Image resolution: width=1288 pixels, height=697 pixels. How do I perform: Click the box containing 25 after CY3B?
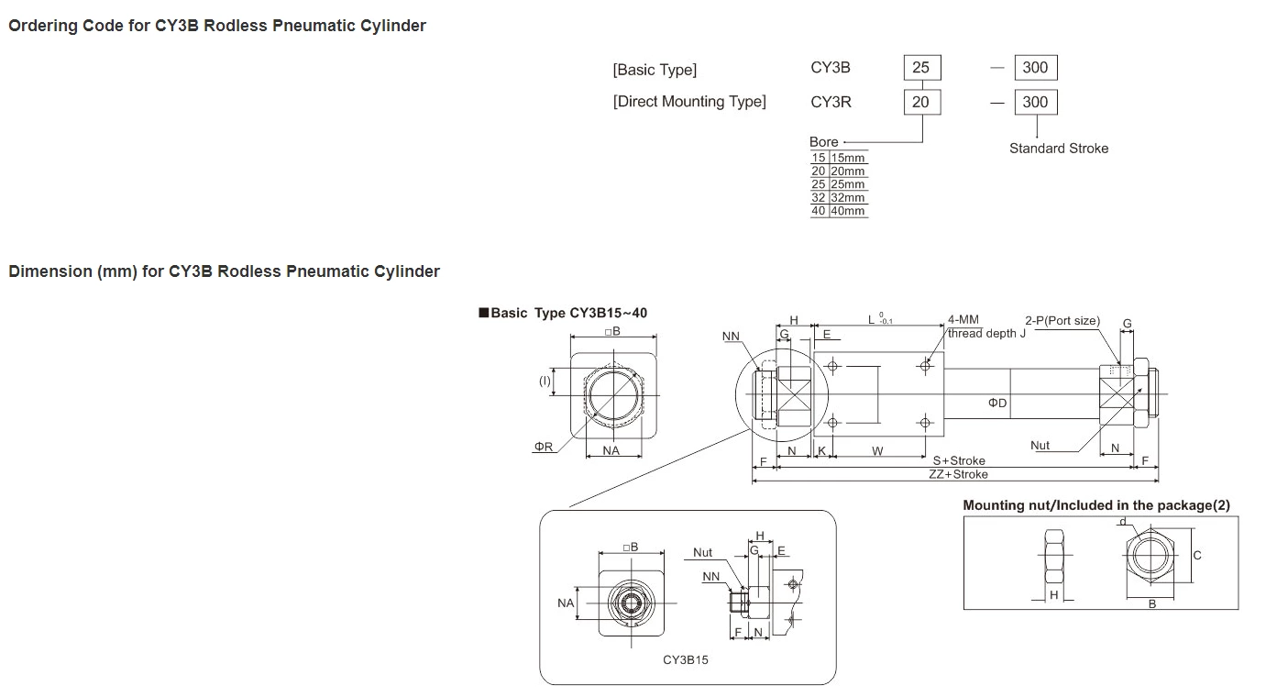[x=921, y=67]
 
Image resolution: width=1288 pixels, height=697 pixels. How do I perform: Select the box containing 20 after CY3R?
[x=921, y=102]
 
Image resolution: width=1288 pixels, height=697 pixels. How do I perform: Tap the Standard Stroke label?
[x=1058, y=149]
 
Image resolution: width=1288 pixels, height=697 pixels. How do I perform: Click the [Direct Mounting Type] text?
[x=689, y=102]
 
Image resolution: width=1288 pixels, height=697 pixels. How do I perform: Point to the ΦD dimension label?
[x=997, y=404]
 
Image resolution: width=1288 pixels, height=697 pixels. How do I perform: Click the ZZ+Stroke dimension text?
[x=958, y=474]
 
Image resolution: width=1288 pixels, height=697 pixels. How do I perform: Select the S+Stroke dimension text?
[x=959, y=460]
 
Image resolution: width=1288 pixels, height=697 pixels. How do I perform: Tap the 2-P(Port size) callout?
[x=1062, y=321]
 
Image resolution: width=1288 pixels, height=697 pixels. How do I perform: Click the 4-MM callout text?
[x=963, y=320]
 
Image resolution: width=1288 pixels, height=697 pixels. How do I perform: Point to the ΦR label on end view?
[x=544, y=447]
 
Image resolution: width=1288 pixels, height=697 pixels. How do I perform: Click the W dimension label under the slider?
[x=877, y=451]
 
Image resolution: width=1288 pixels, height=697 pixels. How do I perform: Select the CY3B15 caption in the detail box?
[x=686, y=659]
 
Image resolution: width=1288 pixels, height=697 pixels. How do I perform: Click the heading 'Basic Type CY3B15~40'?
[x=568, y=313]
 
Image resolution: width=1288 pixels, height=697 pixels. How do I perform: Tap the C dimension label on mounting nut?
[x=1196, y=556]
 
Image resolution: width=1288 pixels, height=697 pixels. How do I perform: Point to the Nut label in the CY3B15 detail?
[x=702, y=552]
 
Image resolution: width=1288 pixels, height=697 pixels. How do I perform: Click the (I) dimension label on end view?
[x=544, y=381]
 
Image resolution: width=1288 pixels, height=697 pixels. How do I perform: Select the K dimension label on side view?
[x=821, y=451]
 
